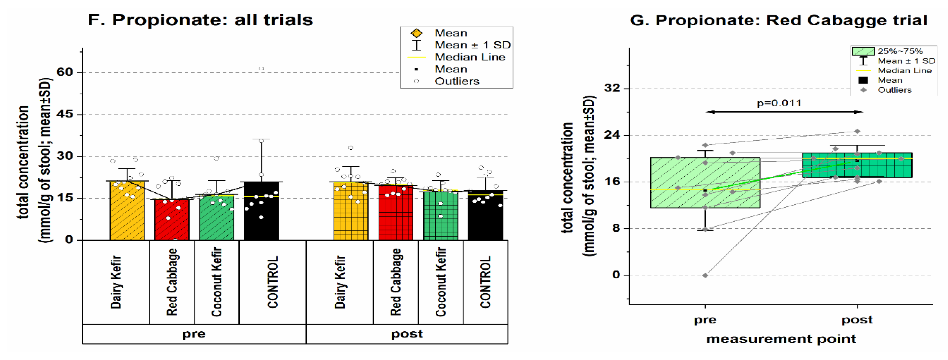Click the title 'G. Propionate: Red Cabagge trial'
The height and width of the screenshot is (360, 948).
(778, 20)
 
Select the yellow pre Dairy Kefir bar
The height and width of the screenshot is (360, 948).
(127, 211)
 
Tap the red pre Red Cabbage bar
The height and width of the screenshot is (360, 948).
(172, 220)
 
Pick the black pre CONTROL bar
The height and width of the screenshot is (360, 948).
(262, 211)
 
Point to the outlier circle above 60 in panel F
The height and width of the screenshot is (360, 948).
(261, 69)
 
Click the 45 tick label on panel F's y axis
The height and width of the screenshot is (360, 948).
(65, 114)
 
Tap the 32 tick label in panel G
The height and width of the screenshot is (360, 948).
(612, 88)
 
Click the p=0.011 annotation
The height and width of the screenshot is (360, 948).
(779, 103)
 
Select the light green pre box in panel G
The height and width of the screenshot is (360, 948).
(705, 183)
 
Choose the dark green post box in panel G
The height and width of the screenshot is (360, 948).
(857, 165)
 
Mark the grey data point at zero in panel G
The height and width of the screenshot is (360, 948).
(705, 275)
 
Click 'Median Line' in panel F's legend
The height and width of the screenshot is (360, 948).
(470, 57)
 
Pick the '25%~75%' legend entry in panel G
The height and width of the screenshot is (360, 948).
(900, 51)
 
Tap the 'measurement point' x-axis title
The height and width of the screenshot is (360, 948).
(781, 339)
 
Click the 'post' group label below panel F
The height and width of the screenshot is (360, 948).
(407, 334)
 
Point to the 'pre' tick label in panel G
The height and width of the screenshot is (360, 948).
(705, 320)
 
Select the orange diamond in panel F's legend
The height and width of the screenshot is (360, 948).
(417, 33)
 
